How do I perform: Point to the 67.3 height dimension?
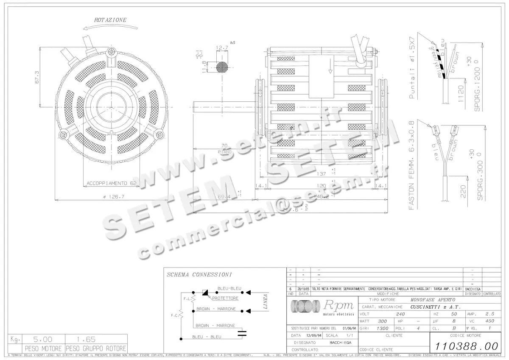[37, 77]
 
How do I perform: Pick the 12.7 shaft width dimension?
[222, 47]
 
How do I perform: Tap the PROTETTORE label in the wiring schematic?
[225, 298]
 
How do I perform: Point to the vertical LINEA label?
[265, 301]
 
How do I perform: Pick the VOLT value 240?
[400, 314]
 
